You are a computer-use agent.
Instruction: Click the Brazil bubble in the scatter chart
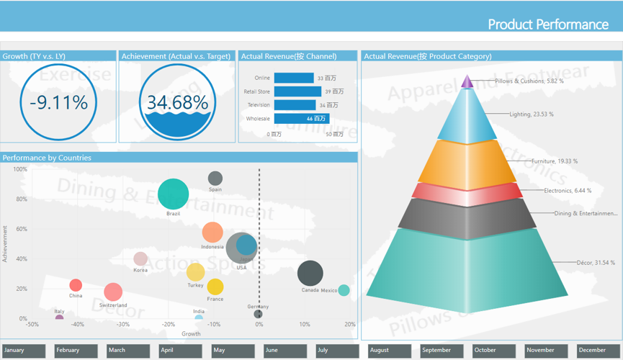(x=173, y=194)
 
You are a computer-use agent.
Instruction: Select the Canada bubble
(x=310, y=274)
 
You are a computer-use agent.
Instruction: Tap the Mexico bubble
(x=344, y=291)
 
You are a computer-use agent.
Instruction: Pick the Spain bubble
(x=215, y=178)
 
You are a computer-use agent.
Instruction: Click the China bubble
(x=76, y=285)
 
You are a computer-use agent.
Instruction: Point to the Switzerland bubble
(x=113, y=292)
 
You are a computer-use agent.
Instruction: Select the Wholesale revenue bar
(x=301, y=119)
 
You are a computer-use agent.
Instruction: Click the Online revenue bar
(x=294, y=78)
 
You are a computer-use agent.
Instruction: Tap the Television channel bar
(x=295, y=105)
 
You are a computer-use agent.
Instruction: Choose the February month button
(x=76, y=351)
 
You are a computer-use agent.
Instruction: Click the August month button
(x=389, y=351)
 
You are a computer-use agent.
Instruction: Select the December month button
(x=599, y=351)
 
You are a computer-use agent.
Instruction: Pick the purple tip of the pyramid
(x=467, y=82)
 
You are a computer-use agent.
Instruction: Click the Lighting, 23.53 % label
(x=532, y=114)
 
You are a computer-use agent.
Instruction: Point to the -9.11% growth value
(x=59, y=102)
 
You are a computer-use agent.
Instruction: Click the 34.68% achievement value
(x=177, y=102)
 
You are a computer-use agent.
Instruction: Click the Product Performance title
(x=548, y=24)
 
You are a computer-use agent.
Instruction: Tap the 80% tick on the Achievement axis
(x=21, y=199)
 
